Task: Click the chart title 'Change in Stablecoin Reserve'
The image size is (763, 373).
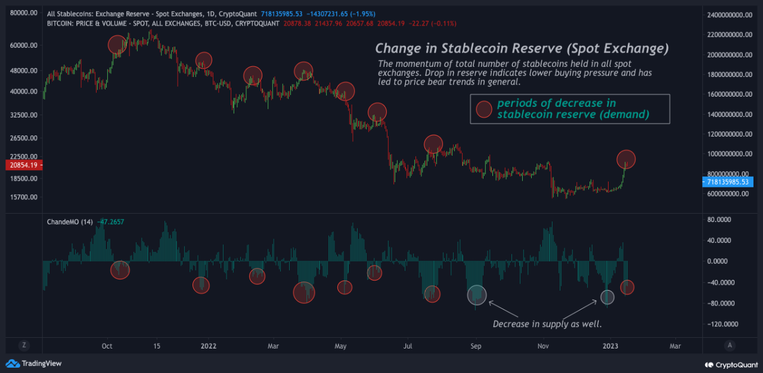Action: coord(522,48)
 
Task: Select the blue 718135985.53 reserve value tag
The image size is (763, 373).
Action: coord(728,181)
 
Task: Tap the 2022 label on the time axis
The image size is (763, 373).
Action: coord(209,346)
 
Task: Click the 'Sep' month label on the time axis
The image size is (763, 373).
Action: coord(476,346)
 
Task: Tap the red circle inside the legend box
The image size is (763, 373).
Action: coord(483,109)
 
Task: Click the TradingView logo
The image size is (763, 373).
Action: coord(34,363)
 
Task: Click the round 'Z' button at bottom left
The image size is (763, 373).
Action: coord(24,345)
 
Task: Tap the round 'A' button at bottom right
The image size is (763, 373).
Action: coord(730,345)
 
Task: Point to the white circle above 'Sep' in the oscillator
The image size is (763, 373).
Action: coord(476,294)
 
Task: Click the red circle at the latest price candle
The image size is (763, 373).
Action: coord(626,159)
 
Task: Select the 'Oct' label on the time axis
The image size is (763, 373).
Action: coord(107,346)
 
